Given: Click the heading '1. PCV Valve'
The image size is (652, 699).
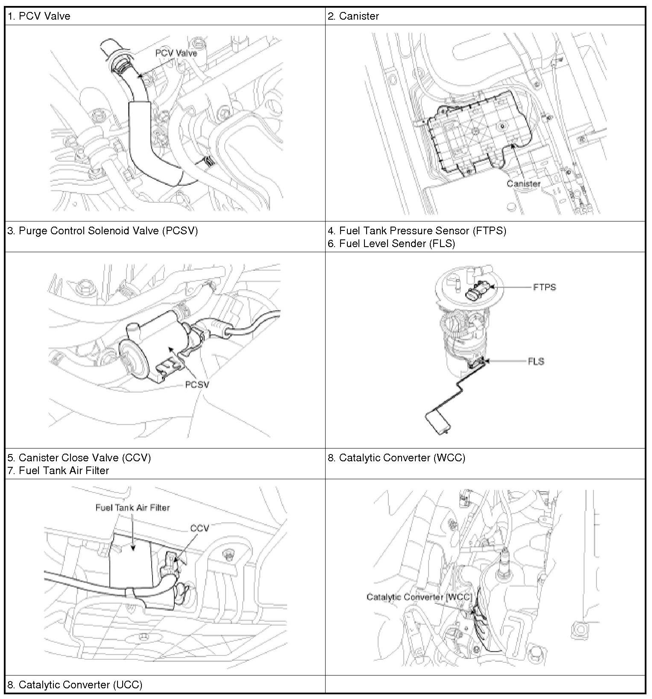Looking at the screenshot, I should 39,16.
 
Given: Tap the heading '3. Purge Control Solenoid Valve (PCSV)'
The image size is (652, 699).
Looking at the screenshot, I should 103,231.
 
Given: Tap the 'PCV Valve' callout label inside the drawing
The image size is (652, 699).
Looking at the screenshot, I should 176,53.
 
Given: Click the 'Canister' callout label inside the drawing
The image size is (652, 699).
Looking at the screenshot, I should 523,183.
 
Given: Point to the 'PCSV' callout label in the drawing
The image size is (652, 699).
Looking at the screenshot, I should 197,384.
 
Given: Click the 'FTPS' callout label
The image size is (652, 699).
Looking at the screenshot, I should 544,287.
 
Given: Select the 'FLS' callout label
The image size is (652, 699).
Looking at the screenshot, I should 536,361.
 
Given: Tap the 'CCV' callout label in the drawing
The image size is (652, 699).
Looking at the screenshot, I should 200,528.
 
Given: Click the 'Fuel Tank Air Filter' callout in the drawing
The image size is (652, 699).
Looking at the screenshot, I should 132,508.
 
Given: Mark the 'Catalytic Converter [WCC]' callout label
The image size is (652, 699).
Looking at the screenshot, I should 419,597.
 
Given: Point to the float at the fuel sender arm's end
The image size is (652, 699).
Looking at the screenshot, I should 438,422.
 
